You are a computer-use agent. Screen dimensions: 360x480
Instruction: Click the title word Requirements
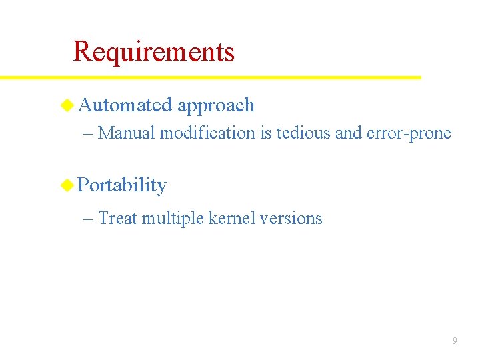click(153, 51)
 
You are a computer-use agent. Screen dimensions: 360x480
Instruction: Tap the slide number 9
click(455, 341)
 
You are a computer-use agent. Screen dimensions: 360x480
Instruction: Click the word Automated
click(125, 105)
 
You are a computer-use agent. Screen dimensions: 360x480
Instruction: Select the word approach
click(216, 106)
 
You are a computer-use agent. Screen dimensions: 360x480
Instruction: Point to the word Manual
click(127, 133)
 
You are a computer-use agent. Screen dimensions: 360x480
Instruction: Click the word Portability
click(122, 185)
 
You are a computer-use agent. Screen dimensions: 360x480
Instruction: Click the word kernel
click(231, 218)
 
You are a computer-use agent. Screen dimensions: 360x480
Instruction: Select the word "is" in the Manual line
click(265, 133)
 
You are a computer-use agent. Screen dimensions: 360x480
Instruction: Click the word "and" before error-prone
click(348, 133)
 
